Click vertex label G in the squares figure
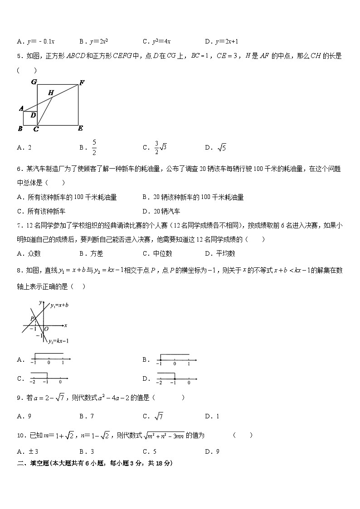34,82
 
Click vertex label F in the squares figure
82,82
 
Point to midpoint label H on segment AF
51,93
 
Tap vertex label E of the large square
80,128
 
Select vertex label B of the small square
20,129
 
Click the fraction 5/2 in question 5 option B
94,147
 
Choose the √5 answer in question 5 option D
222,147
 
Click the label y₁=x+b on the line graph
59,305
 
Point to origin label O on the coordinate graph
46,329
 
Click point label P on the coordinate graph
33,319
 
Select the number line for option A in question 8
48,359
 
